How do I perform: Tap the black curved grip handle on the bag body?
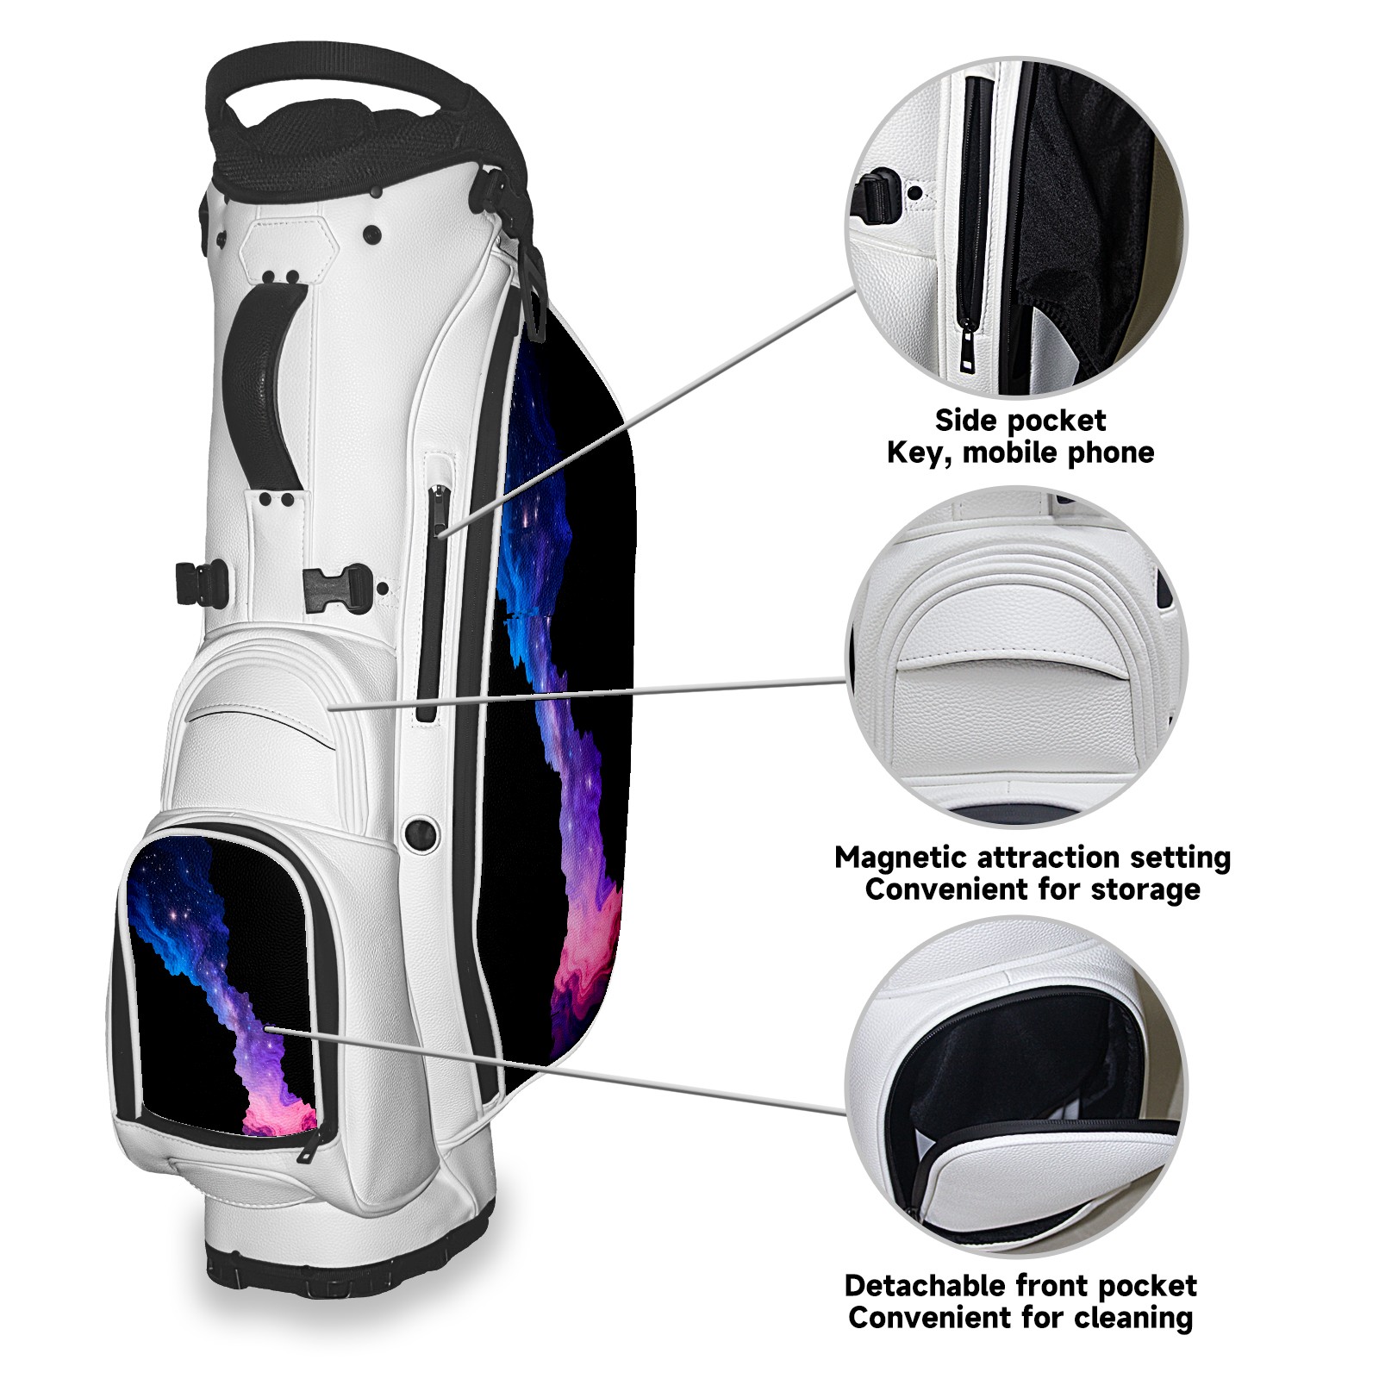click(263, 379)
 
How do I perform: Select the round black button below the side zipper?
click(421, 832)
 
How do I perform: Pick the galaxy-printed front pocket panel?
click(220, 983)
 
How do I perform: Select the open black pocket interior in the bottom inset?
click(1017, 1060)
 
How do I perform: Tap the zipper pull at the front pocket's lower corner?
click(308, 1146)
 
